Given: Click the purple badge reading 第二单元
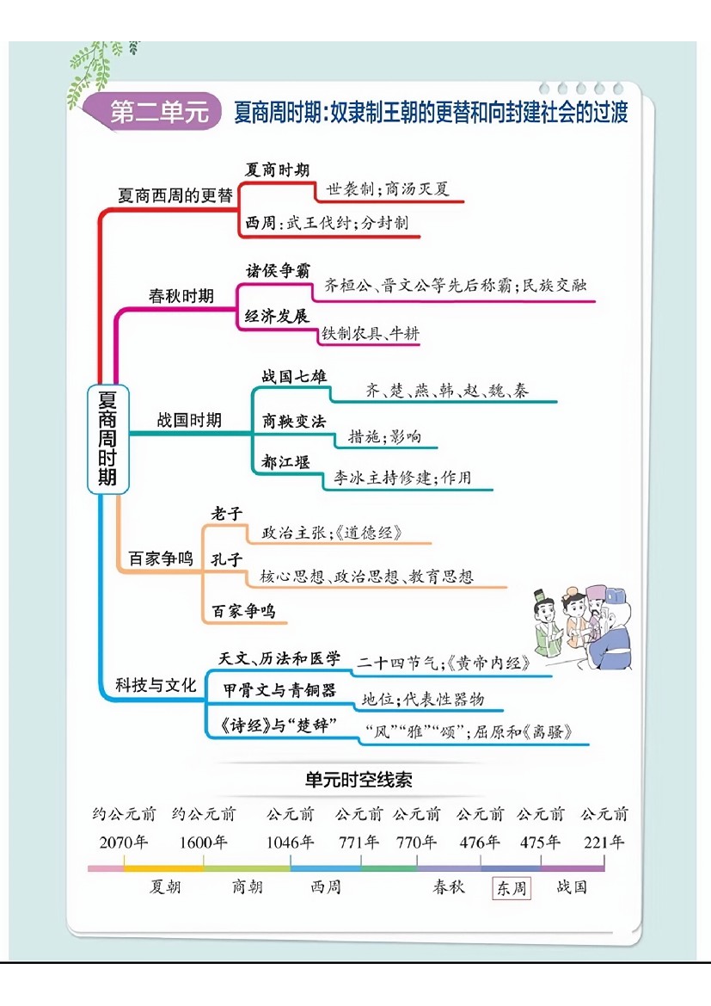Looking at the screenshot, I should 159,113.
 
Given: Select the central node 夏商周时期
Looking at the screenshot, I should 107,438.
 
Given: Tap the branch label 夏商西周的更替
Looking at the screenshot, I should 175,195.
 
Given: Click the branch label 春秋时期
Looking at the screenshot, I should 181,296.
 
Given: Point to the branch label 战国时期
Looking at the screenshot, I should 188,420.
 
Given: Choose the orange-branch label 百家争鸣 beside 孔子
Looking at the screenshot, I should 161,559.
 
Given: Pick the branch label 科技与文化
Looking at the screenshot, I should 156,686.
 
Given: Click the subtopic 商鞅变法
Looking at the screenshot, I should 294,422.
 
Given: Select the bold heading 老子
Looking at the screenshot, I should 227,515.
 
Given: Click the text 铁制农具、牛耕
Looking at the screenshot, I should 371,334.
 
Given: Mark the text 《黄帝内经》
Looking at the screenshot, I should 496,663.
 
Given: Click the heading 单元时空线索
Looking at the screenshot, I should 359,780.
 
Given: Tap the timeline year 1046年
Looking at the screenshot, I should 291,842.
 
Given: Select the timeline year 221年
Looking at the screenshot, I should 604,842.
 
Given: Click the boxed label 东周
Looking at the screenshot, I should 512,888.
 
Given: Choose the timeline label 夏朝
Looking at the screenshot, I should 165,886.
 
